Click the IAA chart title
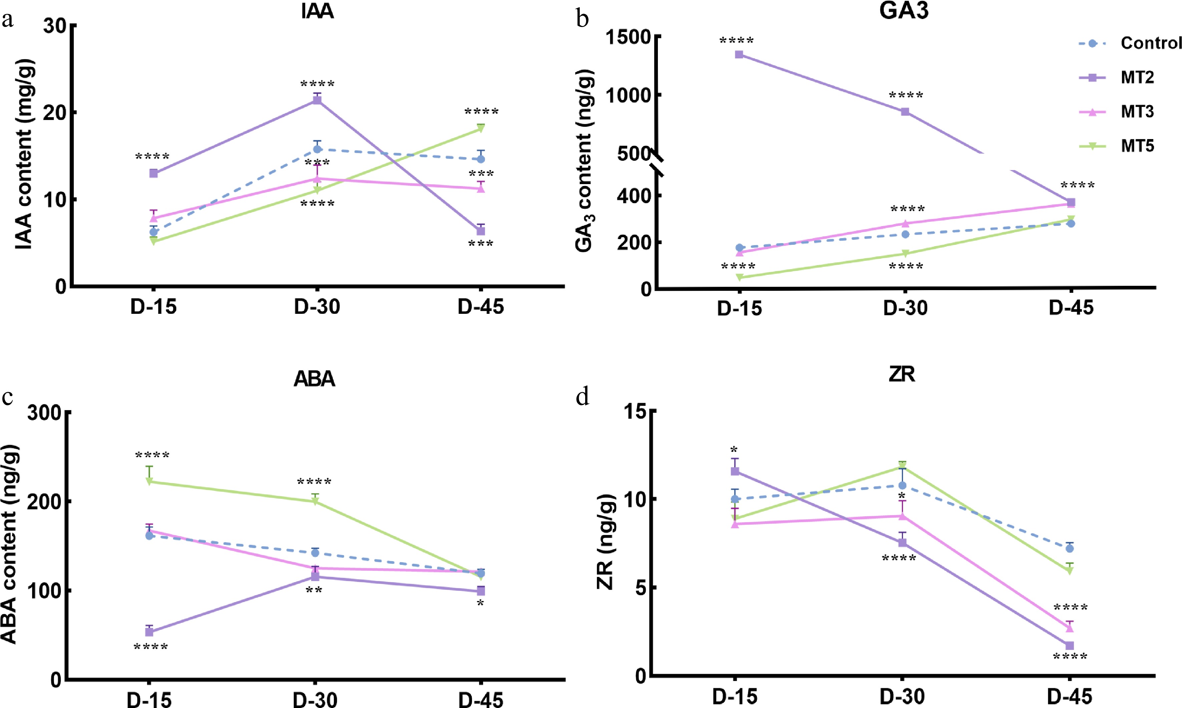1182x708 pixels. [x=317, y=11]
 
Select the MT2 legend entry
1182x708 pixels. [x=1137, y=77]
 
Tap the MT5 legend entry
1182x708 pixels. [x=1137, y=146]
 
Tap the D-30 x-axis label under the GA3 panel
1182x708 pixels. [x=905, y=308]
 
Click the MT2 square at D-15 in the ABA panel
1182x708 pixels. [x=149, y=632]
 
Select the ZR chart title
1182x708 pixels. [x=901, y=375]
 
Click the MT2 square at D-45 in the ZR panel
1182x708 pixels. [x=1069, y=646]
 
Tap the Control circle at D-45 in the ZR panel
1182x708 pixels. [x=1069, y=549]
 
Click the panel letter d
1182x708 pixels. [x=582, y=397]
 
